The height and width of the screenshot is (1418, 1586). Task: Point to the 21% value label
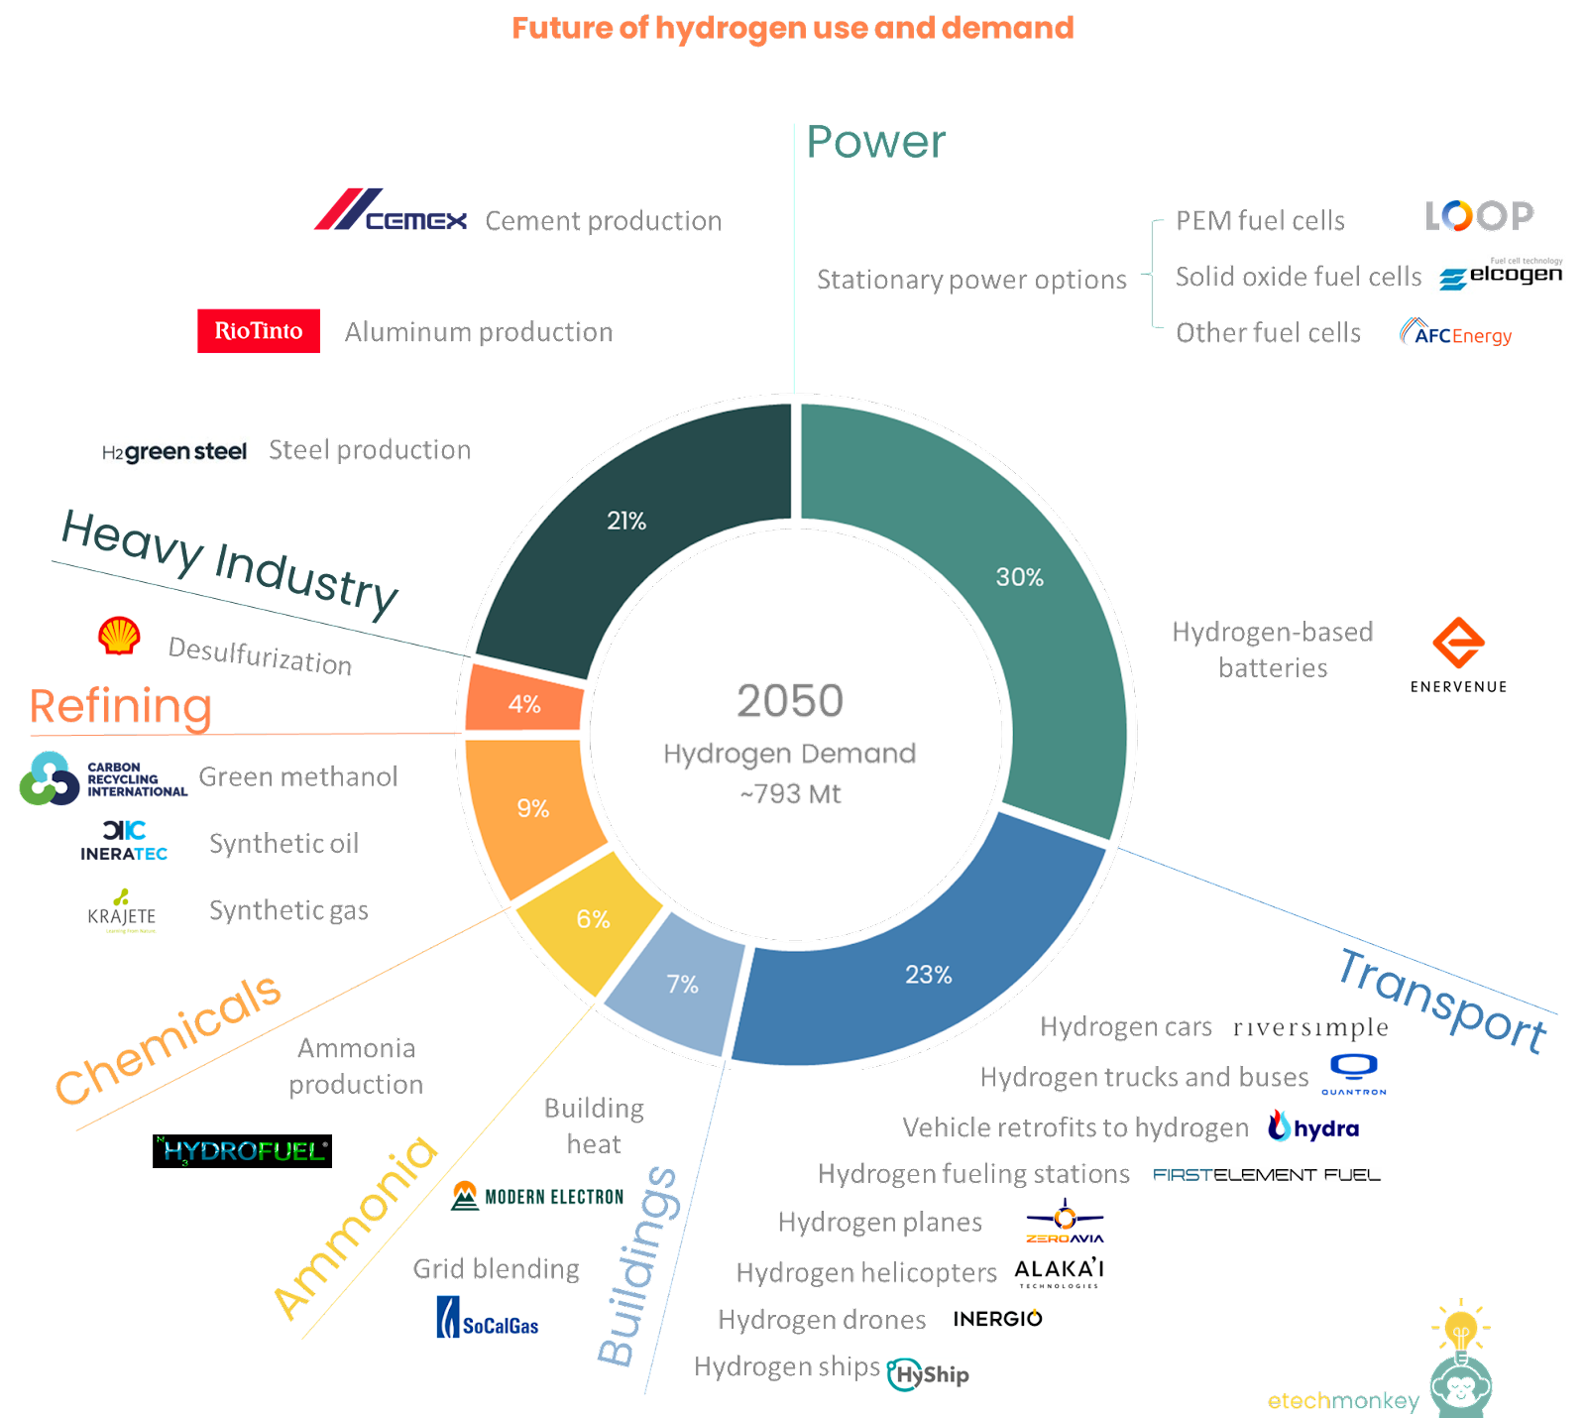pyautogui.click(x=626, y=521)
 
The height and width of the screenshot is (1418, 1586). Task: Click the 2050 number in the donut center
pyautogui.click(x=790, y=701)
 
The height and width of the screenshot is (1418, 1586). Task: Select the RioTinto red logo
pyautogui.click(x=259, y=331)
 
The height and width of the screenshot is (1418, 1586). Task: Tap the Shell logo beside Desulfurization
pyautogui.click(x=119, y=636)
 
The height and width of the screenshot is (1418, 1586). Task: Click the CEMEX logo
pyautogui.click(x=391, y=210)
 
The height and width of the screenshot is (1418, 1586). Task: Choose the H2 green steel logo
pyautogui.click(x=174, y=451)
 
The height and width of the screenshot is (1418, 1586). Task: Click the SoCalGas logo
pyautogui.click(x=488, y=1318)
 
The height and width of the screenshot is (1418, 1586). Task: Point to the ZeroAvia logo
pyautogui.click(x=1065, y=1221)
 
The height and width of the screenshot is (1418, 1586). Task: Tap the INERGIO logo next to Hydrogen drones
pyautogui.click(x=996, y=1319)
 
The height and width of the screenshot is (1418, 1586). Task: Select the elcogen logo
pyautogui.click(x=1501, y=274)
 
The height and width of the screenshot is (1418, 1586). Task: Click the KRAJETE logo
pyautogui.click(x=122, y=911)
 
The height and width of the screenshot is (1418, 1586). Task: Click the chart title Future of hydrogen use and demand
pyautogui.click(x=792, y=28)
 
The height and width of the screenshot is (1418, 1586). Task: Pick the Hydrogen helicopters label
pyautogui.click(x=865, y=1272)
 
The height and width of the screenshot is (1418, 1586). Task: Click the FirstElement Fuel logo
pyautogui.click(x=1267, y=1174)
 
